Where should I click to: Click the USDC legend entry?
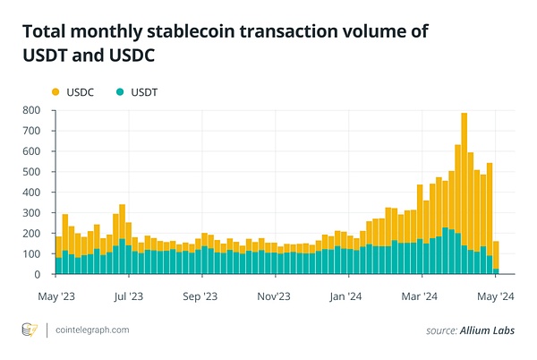tap(70, 91)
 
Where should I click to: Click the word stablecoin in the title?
tap(188, 31)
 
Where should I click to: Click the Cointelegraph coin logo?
tap(30, 330)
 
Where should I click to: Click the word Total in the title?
tap(46, 31)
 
